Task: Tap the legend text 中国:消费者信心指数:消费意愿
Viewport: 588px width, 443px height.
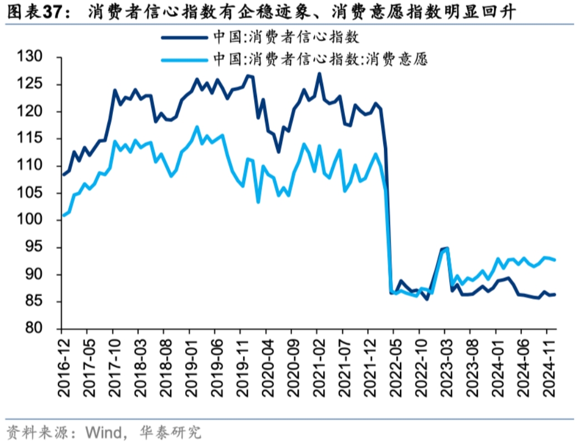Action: click(x=320, y=59)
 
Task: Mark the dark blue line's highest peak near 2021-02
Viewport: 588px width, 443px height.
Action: click(x=319, y=73)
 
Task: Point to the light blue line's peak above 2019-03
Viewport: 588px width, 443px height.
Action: click(x=197, y=127)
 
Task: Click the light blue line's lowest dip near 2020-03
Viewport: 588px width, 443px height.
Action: click(x=258, y=202)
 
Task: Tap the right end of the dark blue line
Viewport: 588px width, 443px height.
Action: click(x=555, y=295)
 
